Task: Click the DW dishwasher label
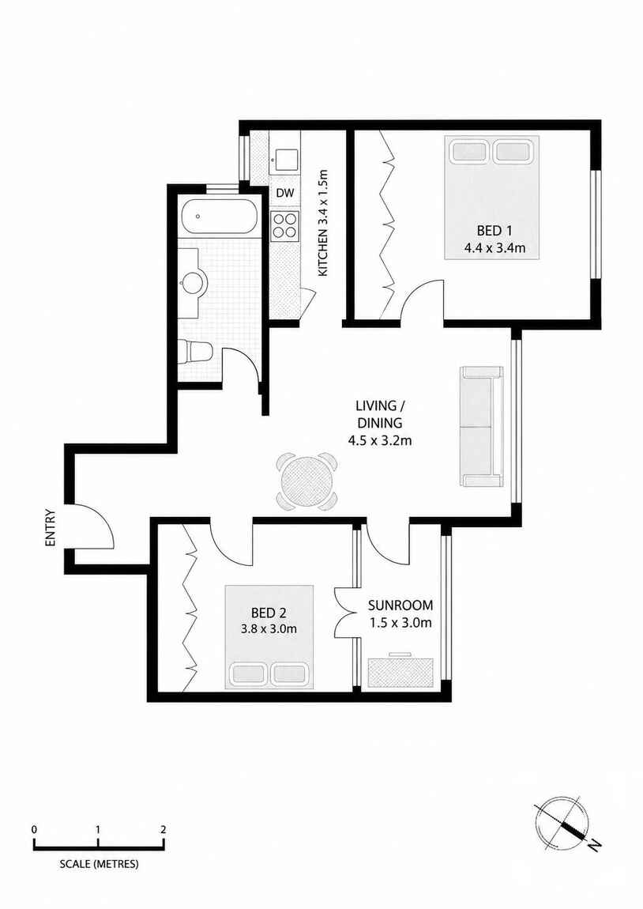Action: (x=285, y=194)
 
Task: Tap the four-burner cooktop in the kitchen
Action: (x=285, y=225)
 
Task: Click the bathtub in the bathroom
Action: (x=217, y=217)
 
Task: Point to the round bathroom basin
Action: (x=193, y=283)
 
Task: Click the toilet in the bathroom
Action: (x=196, y=351)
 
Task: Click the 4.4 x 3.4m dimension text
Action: (x=494, y=248)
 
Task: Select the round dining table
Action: (x=307, y=481)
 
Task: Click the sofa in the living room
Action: (x=481, y=426)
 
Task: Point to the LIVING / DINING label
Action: (x=379, y=413)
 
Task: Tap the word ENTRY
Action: (x=50, y=527)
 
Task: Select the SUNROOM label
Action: (x=400, y=605)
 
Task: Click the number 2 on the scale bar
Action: (x=164, y=830)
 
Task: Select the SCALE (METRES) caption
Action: (x=99, y=864)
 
